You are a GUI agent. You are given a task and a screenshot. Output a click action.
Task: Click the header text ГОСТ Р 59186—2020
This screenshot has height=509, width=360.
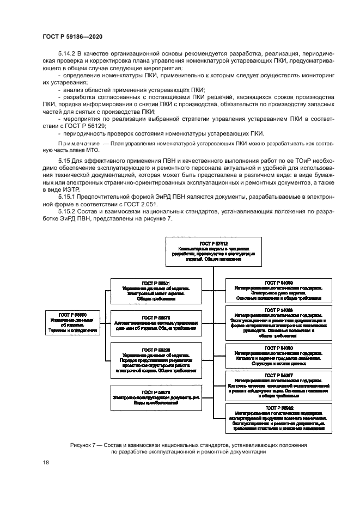(72, 36)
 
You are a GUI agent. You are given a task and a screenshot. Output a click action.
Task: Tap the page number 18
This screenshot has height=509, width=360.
(45, 462)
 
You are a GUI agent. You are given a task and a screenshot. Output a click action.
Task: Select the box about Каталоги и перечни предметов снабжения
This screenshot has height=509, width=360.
(278, 354)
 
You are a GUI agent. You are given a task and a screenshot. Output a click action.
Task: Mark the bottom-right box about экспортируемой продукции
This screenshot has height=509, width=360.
(278, 418)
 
